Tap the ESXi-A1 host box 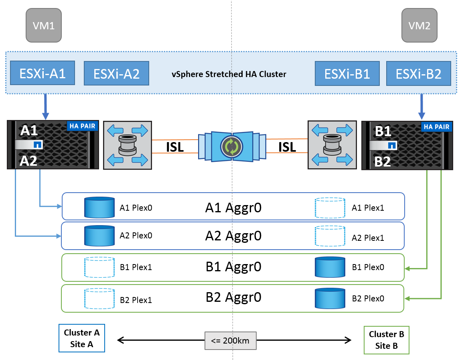pyautogui.click(x=43, y=73)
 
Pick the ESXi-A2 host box pyautogui.click(x=116, y=73)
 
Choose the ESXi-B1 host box pyautogui.click(x=347, y=73)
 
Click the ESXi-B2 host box pyautogui.click(x=419, y=73)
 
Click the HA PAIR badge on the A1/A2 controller pyautogui.click(x=83, y=126)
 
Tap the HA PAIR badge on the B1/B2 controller pyautogui.click(x=436, y=127)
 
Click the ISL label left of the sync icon pyautogui.click(x=175, y=147)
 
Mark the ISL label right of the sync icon pyautogui.click(x=287, y=147)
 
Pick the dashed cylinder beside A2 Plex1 pyautogui.click(x=330, y=236)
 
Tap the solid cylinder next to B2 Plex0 pyautogui.click(x=330, y=298)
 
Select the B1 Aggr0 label pyautogui.click(x=233, y=267)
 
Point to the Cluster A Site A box pyautogui.click(x=82, y=338)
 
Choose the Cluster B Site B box pyautogui.click(x=386, y=340)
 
